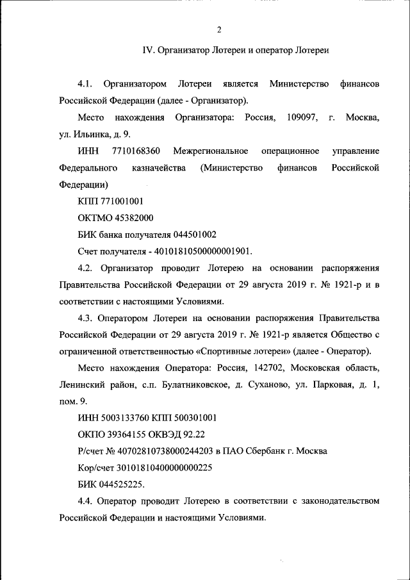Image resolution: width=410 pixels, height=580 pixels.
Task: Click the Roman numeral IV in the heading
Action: click(x=147, y=51)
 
